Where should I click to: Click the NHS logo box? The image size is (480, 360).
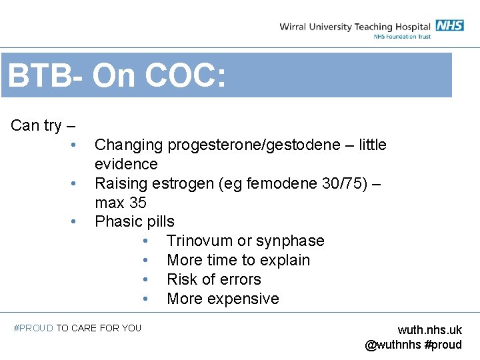point(450,25)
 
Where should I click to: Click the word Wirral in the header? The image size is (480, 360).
point(293,27)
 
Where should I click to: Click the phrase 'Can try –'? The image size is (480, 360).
point(43,125)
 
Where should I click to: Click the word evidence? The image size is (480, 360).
point(126,164)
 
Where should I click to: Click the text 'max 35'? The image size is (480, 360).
point(120,203)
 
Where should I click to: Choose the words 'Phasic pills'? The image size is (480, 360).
point(134,221)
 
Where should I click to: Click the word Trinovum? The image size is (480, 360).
point(200,241)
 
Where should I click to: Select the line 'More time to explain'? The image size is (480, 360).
point(238,260)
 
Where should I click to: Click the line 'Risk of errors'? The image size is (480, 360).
point(213,279)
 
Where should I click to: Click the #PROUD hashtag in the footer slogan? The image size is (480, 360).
point(33,328)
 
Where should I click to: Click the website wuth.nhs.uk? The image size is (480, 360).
point(429,330)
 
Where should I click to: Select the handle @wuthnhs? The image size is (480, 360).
point(393,345)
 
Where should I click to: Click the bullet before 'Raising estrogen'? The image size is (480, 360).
point(79,183)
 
